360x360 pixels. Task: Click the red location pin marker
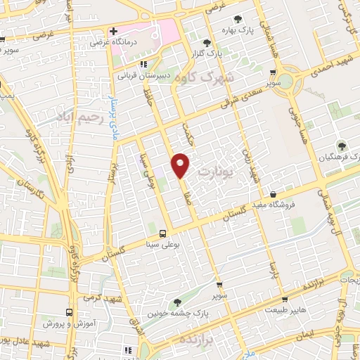pyautogui.click(x=181, y=165)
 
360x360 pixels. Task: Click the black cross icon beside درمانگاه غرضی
pyautogui.click(x=113, y=31)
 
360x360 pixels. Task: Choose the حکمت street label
pyautogui.click(x=186, y=134)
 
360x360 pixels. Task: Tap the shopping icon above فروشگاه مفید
pyautogui.click(x=273, y=195)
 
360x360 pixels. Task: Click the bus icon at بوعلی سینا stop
pyautogui.click(x=163, y=233)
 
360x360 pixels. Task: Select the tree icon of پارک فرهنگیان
pyautogui.click(x=342, y=146)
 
